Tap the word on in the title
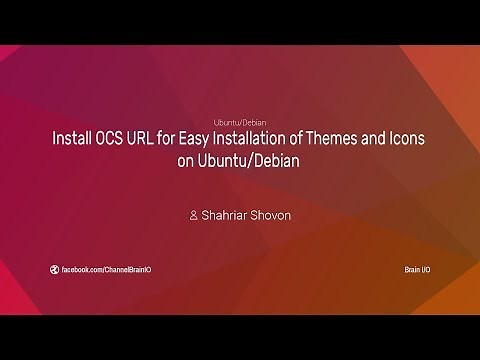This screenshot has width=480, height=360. [185, 160]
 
